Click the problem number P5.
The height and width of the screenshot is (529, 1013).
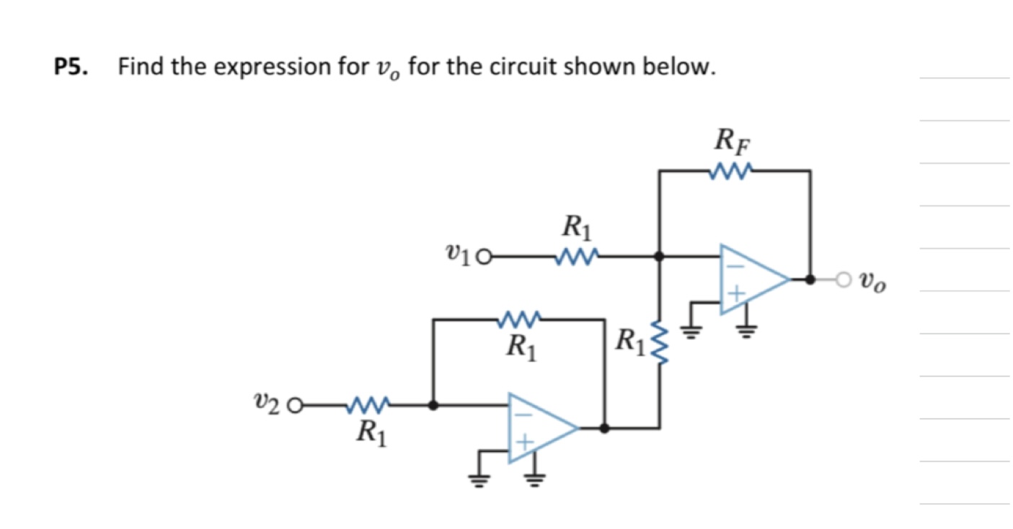(x=71, y=68)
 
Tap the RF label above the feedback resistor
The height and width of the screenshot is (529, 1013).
(x=731, y=139)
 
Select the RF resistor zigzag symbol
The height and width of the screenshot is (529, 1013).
(x=731, y=171)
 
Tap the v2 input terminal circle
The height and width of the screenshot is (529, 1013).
(x=294, y=406)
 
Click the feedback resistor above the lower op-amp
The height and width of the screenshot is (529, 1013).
(x=520, y=318)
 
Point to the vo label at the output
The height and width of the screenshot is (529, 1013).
(x=872, y=281)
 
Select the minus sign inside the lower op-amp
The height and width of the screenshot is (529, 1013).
(x=525, y=414)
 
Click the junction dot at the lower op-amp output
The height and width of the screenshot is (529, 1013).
(x=604, y=428)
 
